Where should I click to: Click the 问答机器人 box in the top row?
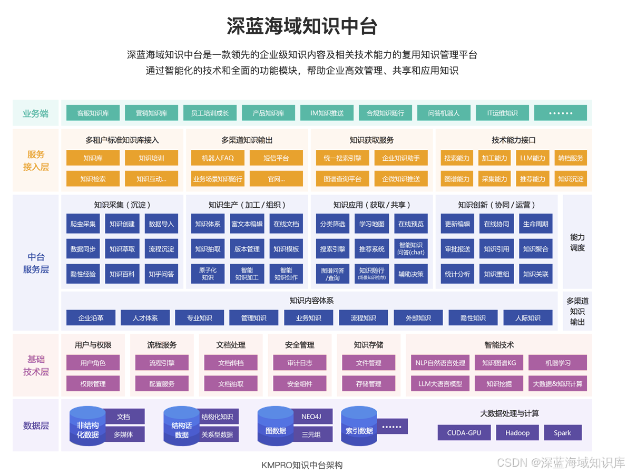click(444, 113)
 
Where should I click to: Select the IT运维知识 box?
click(502, 113)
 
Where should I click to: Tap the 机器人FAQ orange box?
click(218, 158)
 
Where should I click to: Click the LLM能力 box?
click(532, 158)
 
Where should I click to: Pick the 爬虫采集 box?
click(83, 224)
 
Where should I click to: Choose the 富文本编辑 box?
click(247, 224)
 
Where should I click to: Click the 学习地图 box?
click(372, 224)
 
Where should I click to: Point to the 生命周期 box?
click(536, 224)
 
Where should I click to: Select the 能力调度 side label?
click(577, 243)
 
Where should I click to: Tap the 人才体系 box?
click(145, 318)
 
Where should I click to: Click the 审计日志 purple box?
click(299, 363)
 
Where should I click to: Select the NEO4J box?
click(311, 417)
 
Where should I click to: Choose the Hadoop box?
click(517, 433)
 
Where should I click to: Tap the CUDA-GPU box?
click(464, 433)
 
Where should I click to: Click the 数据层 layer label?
click(36, 426)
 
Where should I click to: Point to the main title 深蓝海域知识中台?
click(302, 26)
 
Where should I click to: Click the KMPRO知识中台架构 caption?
click(302, 465)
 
